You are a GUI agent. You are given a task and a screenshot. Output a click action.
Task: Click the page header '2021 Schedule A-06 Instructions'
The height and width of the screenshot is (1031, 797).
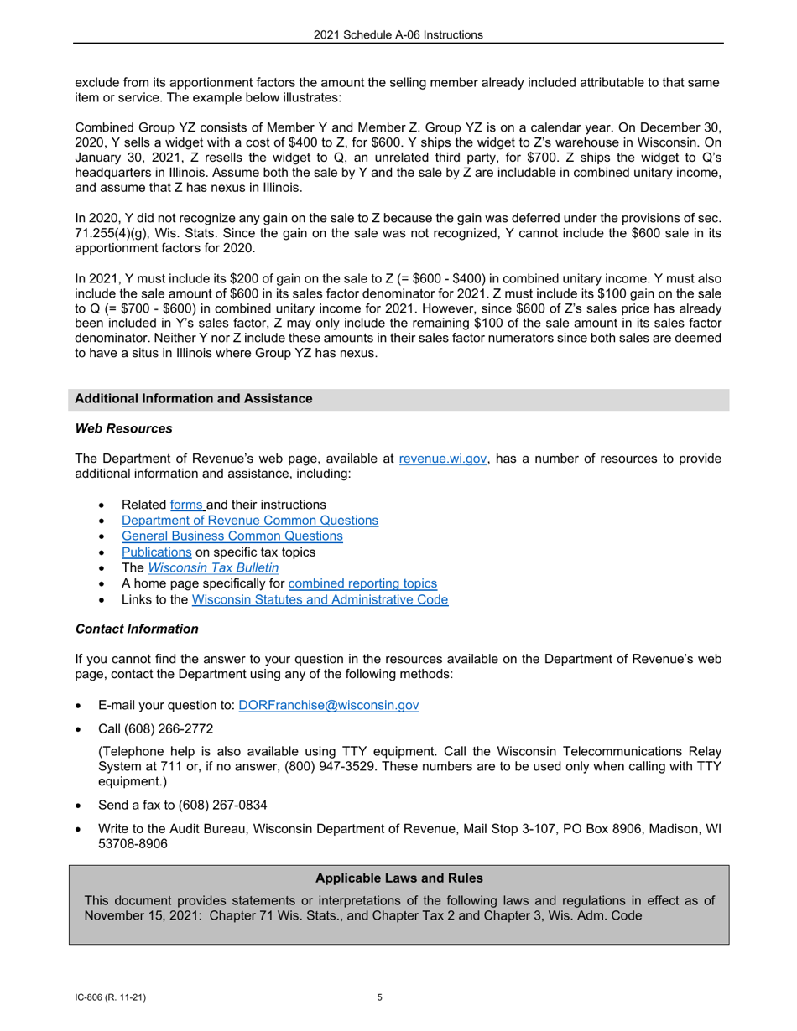[398, 34]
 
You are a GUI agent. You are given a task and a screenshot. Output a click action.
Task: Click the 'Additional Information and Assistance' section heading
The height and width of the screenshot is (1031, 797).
[193, 399]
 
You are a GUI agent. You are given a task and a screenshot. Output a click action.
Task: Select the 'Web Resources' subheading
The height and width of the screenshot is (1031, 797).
[123, 428]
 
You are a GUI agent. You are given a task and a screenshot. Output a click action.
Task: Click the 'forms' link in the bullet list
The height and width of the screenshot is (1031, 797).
[187, 505]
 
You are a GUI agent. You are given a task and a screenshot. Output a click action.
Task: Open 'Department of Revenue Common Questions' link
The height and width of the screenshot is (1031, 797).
[249, 521]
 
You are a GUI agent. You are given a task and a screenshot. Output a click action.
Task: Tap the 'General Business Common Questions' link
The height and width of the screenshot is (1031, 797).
[232, 536]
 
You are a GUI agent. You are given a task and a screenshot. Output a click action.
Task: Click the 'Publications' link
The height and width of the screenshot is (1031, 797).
[156, 552]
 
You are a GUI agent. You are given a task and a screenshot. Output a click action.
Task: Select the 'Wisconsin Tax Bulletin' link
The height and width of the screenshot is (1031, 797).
[213, 568]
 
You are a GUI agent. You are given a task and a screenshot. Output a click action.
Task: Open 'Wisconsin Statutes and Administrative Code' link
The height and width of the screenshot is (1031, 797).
[320, 600]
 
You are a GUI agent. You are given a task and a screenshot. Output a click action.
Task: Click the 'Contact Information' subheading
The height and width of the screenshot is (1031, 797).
[137, 629]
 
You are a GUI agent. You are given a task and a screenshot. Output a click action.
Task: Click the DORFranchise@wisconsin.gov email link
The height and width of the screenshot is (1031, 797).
[329, 706]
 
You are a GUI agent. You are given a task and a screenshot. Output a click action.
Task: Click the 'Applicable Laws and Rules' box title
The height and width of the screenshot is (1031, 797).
[398, 878]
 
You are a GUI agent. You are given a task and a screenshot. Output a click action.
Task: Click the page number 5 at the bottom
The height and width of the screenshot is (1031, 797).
[379, 998]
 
